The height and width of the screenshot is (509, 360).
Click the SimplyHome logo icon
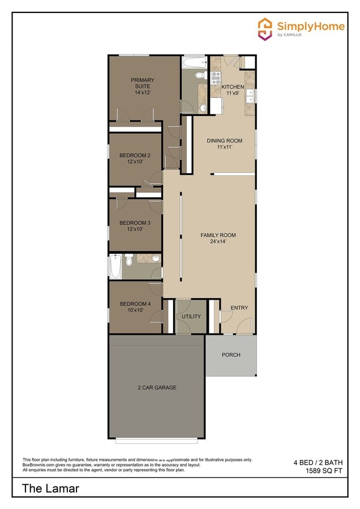[265, 28]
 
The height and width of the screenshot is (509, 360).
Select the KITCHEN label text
[233, 87]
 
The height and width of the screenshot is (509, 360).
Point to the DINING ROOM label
[224, 141]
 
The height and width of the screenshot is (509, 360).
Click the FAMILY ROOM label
[218, 235]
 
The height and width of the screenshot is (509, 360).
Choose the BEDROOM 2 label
[135, 156]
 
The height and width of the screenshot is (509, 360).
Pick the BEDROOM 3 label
[135, 223]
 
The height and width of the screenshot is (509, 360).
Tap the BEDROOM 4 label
[135, 304]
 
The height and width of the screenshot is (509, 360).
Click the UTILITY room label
[191, 316]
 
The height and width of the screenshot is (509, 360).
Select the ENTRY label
[239, 308]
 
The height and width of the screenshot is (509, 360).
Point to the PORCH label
[231, 355]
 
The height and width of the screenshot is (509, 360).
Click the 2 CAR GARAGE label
[157, 387]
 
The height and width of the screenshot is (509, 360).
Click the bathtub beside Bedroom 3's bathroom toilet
[115, 266]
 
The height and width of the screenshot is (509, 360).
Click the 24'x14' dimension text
[218, 241]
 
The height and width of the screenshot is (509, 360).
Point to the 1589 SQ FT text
[324, 471]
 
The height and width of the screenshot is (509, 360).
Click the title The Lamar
[50, 488]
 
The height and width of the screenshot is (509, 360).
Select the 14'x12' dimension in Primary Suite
[142, 92]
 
